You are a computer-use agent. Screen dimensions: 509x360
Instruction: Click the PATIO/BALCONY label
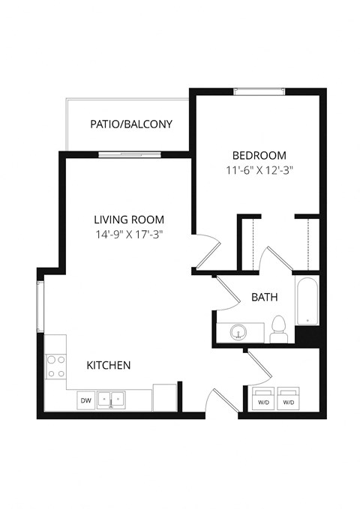click(x=131, y=124)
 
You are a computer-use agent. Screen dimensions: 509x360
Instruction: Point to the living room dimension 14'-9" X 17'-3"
click(x=129, y=234)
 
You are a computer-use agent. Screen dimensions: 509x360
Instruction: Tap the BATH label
click(x=264, y=298)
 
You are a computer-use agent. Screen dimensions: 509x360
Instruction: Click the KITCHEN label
click(x=109, y=365)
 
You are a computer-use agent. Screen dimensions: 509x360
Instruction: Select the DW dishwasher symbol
click(x=86, y=401)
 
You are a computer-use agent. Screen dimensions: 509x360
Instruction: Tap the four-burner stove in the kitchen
click(x=55, y=367)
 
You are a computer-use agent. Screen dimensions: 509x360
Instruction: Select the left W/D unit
click(x=263, y=400)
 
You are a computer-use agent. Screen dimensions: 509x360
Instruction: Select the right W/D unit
click(x=289, y=400)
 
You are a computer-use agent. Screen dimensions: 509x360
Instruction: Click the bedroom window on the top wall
click(x=258, y=91)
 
